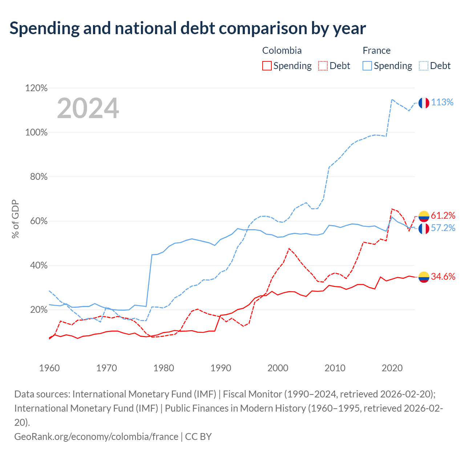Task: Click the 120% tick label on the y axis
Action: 36,88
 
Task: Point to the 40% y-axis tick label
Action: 39,266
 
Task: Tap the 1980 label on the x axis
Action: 163,368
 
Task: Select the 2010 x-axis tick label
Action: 335,368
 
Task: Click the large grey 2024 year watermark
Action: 88,108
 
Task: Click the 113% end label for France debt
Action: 442,102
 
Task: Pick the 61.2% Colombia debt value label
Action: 443,215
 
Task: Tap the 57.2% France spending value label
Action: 443,228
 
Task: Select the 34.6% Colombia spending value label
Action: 443,276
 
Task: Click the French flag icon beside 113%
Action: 424,103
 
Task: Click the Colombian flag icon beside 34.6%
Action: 424,277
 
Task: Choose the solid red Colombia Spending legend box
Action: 267,66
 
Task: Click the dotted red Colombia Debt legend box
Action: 323,66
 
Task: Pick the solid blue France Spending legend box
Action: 367,66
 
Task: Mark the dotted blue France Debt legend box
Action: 424,66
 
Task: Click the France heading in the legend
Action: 376,50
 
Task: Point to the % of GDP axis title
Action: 15,219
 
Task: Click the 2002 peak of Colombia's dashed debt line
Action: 289,248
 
